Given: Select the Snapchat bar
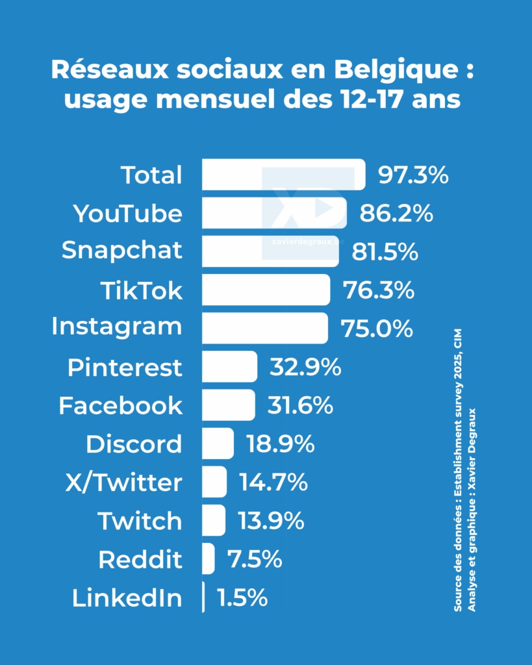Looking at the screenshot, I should pyautogui.click(x=270, y=251).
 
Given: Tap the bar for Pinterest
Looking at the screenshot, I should pyautogui.click(x=229, y=367).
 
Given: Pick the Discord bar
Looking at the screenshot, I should pyautogui.click(x=217, y=444).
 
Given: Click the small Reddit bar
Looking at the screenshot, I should pyautogui.click(x=208, y=559).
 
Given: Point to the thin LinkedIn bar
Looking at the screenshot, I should pyautogui.click(x=203, y=597).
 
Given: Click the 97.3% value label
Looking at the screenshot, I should pyautogui.click(x=413, y=175).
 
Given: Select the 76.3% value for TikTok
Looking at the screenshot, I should pyautogui.click(x=379, y=290).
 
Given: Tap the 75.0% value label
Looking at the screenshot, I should pyautogui.click(x=377, y=329).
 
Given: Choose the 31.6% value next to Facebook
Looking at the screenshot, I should pyautogui.click(x=300, y=406).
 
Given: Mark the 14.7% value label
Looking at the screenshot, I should pyautogui.click(x=273, y=483).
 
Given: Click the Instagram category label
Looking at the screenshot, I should pyautogui.click(x=117, y=327).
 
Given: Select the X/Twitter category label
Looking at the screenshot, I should pyautogui.click(x=123, y=483).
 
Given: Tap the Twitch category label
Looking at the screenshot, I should pyautogui.click(x=140, y=521).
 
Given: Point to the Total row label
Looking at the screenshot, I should pyautogui.click(x=151, y=175).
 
